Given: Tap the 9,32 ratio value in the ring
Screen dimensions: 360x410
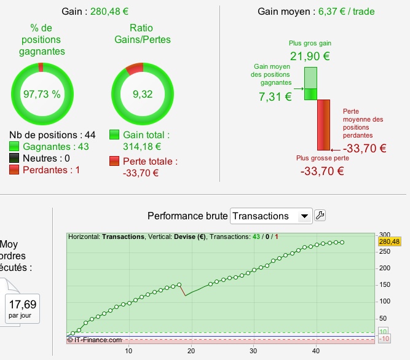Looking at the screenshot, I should click(142, 94).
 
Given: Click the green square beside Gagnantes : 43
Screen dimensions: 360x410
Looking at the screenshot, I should click(15, 147).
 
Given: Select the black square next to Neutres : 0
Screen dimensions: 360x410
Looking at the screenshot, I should click(15, 158).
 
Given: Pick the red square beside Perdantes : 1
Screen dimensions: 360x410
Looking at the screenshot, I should click(15, 170).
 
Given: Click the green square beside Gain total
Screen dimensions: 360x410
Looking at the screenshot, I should click(114, 135).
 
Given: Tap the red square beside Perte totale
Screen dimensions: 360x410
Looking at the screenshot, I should click(114, 161).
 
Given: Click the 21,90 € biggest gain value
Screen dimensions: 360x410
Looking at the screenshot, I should click(310, 56).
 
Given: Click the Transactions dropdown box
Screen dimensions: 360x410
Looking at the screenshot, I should click(270, 216).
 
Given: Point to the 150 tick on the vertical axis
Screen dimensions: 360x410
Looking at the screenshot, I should click(384, 285).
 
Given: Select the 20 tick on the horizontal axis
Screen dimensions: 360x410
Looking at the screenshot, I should click(191, 351).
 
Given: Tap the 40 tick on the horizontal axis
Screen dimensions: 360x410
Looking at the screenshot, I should click(316, 351).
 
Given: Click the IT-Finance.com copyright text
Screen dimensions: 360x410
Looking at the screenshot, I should click(95, 340).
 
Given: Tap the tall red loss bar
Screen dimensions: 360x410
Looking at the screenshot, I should click(324, 125).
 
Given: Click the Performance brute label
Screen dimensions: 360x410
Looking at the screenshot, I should click(187, 216).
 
